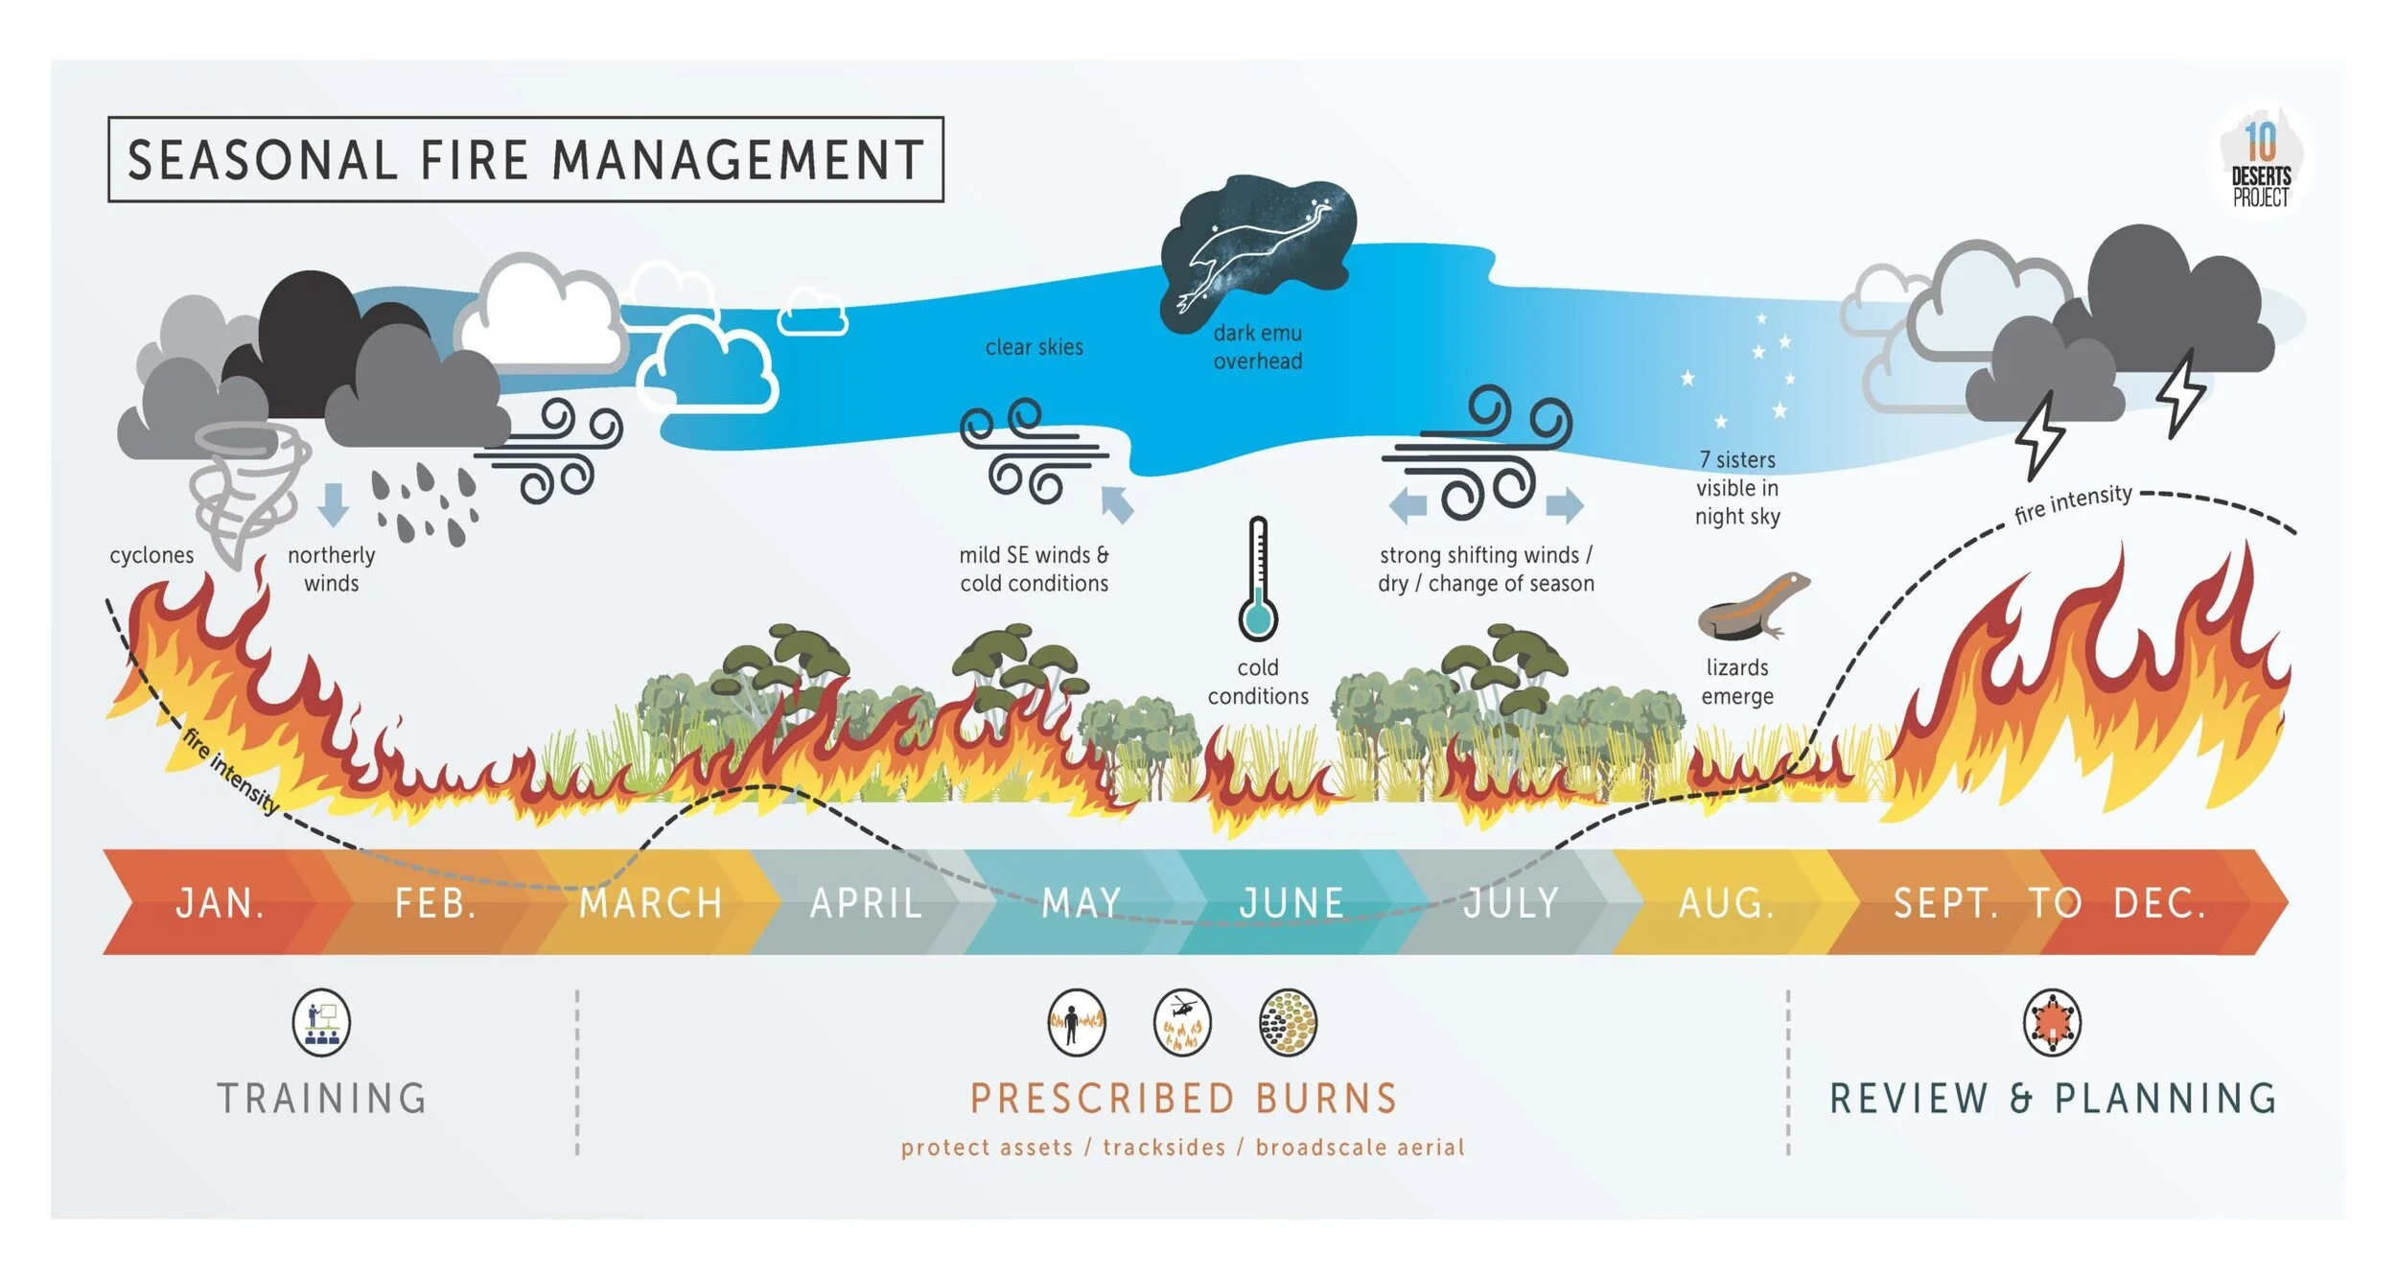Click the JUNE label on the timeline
point(1291,903)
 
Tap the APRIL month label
point(866,903)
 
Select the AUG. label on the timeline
point(1726,903)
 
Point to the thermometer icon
point(1257,580)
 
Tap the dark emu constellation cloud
point(1256,249)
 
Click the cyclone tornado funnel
point(247,489)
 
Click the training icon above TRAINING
point(321,1022)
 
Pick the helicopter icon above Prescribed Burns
point(1182,1022)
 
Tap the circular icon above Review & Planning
point(2052,1022)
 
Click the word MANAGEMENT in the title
point(738,160)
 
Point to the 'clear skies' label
point(1034,347)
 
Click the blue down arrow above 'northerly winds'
point(332,504)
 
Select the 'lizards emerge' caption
point(1736,682)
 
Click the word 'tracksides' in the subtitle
point(1164,1148)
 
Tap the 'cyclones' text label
point(151,555)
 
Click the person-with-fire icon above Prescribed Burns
point(1076,1022)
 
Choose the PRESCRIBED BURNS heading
point(1183,1099)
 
